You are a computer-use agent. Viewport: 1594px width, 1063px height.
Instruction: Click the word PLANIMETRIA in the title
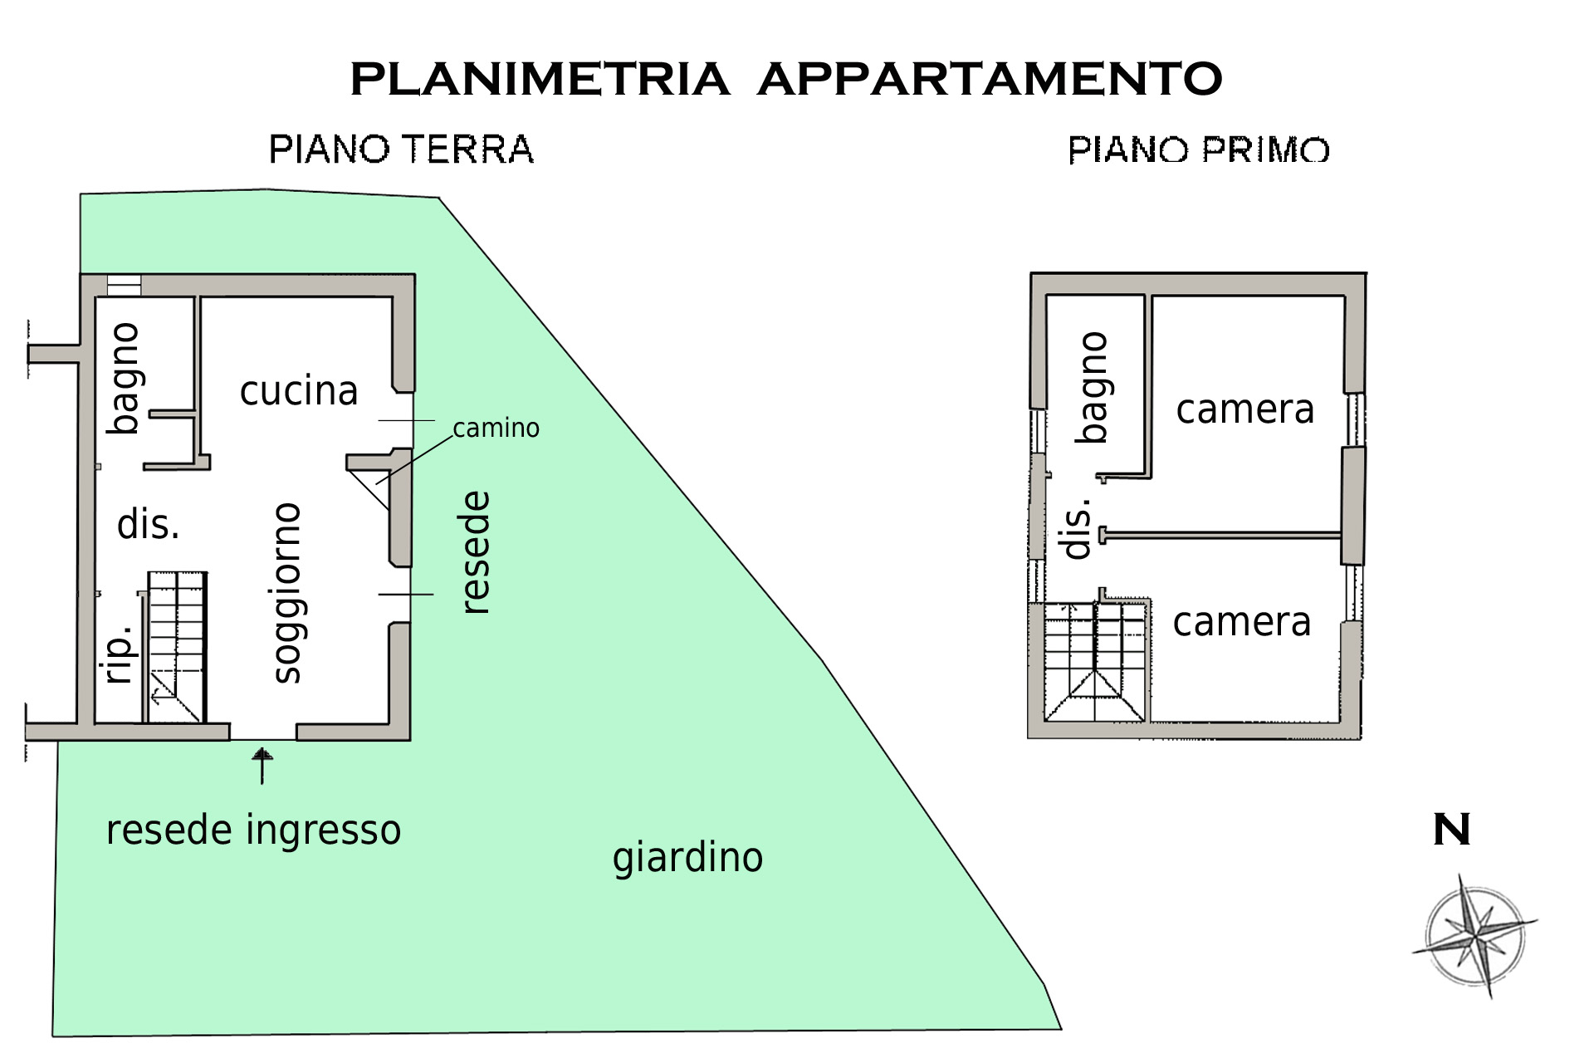(540, 80)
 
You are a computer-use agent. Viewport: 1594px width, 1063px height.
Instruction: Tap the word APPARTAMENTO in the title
(990, 80)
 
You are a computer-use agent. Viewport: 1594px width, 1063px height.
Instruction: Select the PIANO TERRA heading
(401, 150)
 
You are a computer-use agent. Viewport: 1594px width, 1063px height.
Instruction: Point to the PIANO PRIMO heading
(1199, 150)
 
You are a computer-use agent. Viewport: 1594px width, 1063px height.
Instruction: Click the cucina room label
(299, 390)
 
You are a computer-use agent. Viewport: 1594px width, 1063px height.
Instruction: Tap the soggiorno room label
(287, 593)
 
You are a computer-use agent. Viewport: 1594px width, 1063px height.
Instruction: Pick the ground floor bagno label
(125, 378)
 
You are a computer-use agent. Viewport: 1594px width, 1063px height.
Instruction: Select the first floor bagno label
(1093, 387)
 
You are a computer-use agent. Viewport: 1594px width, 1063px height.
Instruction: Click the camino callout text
(496, 428)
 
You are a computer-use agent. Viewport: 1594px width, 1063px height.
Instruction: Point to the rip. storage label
(120, 654)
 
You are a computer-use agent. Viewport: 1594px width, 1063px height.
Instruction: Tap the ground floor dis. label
(149, 525)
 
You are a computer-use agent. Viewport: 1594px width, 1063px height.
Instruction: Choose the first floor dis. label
(1077, 529)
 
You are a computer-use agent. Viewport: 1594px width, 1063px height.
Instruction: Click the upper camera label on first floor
(1245, 409)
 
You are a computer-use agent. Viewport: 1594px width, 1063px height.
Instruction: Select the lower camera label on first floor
(1242, 622)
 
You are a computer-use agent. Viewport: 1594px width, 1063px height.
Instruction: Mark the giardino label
(687, 858)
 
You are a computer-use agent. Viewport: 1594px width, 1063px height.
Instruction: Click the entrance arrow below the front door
(262, 765)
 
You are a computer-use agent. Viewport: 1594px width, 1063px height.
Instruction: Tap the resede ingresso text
(253, 830)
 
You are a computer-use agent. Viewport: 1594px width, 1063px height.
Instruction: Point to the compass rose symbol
(1474, 935)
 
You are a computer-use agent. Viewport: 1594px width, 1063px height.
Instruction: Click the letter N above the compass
(1451, 830)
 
